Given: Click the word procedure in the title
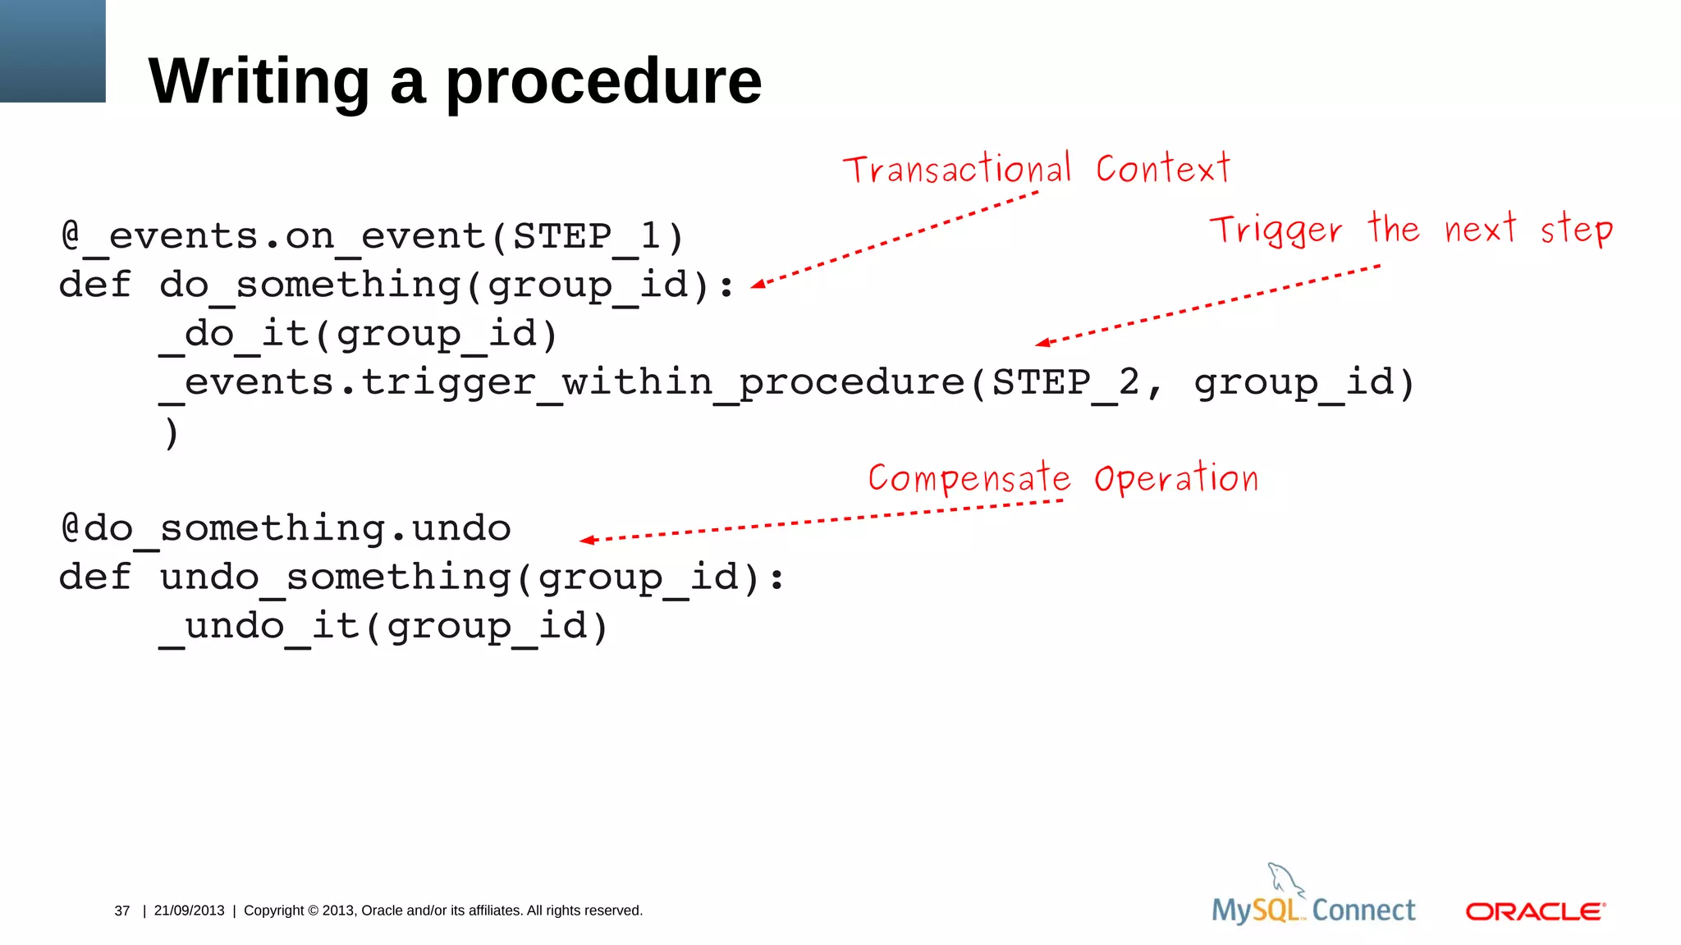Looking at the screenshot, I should (603, 82).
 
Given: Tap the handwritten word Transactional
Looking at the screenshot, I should (957, 169).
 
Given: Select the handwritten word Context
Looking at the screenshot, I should (1163, 168).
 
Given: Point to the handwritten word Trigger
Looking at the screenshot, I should (1276, 231).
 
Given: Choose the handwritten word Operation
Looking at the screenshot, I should (1176, 478).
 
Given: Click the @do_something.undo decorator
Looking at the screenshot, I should (286, 528).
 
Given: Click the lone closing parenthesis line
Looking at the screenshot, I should (171, 433).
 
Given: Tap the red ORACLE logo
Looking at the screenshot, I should (1535, 911).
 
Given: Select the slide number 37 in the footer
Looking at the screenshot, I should (122, 911).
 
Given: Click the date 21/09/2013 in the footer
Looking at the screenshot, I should (189, 911).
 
